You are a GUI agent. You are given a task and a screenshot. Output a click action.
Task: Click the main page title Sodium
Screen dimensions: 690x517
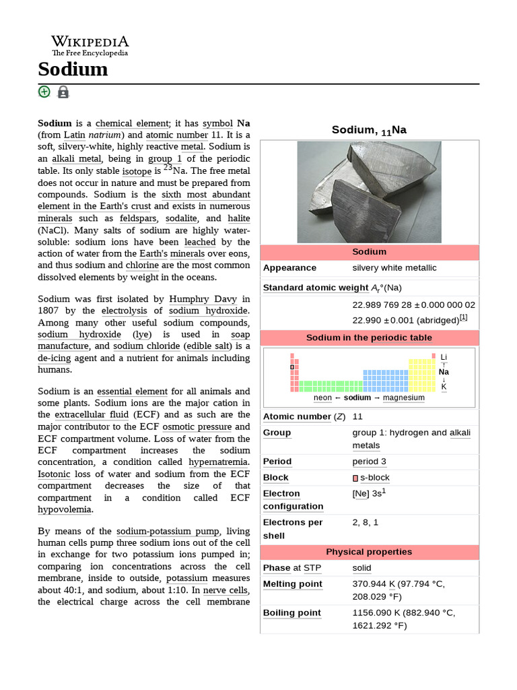pos(73,69)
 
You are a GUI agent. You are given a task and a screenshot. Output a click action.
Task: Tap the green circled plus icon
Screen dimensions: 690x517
pos(44,92)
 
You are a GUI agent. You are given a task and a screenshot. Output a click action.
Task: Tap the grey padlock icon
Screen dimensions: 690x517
pos(63,92)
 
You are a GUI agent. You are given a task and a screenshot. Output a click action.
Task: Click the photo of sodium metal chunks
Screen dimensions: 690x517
pos(369,191)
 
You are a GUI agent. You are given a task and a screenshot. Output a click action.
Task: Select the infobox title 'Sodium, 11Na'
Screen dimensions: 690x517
pos(369,130)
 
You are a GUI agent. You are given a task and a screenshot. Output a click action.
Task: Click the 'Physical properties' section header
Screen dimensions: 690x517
pos(369,552)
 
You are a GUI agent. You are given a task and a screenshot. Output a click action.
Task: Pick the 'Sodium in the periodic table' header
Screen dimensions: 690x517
pos(369,338)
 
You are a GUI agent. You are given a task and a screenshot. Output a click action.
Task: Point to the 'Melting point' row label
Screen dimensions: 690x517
pos(293,584)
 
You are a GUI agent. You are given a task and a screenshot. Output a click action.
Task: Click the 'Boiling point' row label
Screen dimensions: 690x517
pos(292,613)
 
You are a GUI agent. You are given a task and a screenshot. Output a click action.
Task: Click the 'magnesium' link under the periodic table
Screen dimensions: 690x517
pos(404,398)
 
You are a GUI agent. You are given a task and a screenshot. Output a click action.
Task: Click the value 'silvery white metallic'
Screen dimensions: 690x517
pos(394,268)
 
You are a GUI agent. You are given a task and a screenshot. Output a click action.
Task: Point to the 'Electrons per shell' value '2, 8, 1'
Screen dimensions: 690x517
pos(366,522)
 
